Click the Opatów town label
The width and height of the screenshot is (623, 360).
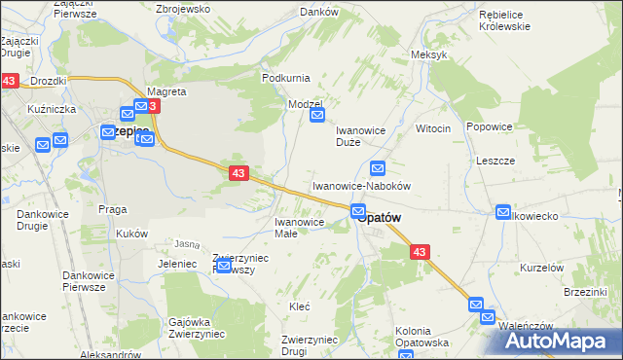pos(381,219)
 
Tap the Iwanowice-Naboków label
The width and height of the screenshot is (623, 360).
pos(361,185)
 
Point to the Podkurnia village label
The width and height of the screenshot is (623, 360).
pos(285,77)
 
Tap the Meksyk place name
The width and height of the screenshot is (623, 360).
pos(429,54)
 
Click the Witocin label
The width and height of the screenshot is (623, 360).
pos(433,128)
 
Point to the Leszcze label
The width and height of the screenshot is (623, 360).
pos(495,161)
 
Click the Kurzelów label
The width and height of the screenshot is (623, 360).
pos(542,267)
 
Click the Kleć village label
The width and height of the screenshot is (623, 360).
pos(300,306)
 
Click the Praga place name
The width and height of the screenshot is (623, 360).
pos(113,208)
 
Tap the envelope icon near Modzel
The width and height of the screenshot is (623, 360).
pos(317,116)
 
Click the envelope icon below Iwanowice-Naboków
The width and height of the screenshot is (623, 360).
pos(358,210)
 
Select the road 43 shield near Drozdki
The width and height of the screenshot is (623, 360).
pos(10,83)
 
